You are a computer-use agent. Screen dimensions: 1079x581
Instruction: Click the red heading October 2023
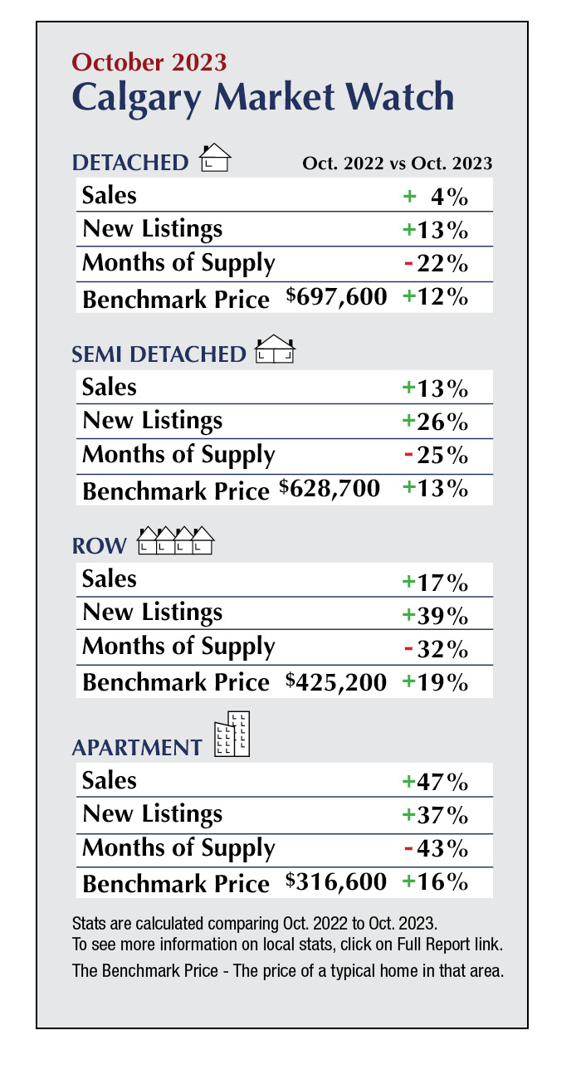click(x=149, y=61)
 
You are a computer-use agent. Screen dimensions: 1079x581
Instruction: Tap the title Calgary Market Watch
click(x=263, y=97)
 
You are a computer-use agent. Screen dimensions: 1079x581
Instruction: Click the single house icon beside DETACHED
click(x=215, y=157)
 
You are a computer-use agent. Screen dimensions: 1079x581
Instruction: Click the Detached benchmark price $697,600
click(x=337, y=296)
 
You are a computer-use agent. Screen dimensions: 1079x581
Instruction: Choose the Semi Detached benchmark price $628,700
click(x=330, y=488)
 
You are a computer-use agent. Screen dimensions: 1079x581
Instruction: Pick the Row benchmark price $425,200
click(x=337, y=681)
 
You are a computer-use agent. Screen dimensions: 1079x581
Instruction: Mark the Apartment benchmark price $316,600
click(x=337, y=882)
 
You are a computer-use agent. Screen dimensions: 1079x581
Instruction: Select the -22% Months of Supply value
click(x=436, y=265)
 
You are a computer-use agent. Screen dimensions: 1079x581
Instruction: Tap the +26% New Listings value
click(x=435, y=422)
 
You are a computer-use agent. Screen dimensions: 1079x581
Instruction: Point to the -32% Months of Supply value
click(x=436, y=647)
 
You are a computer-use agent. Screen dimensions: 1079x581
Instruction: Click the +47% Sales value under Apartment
click(x=435, y=781)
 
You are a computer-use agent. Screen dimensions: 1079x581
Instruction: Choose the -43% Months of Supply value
click(x=436, y=849)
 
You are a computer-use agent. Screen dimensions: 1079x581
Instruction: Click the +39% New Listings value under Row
click(x=435, y=614)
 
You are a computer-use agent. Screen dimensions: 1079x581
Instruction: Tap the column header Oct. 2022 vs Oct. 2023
click(x=397, y=163)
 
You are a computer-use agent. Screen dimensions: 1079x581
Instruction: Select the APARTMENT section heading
click(x=137, y=747)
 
